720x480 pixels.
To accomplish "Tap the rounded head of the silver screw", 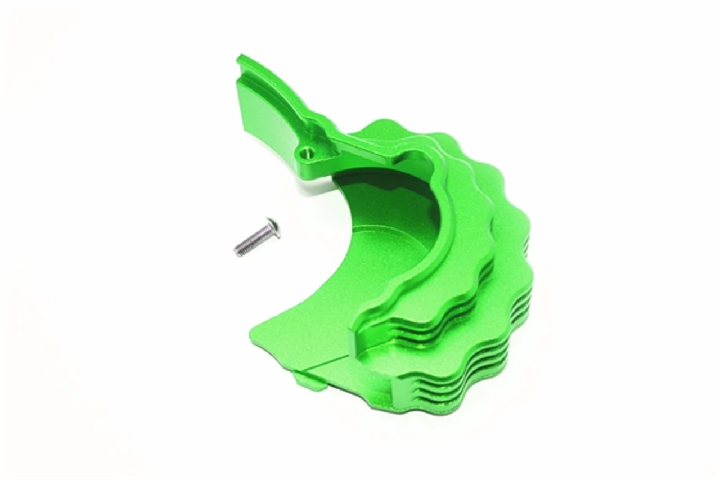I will (273, 226).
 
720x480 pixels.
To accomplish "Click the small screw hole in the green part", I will (307, 152).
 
